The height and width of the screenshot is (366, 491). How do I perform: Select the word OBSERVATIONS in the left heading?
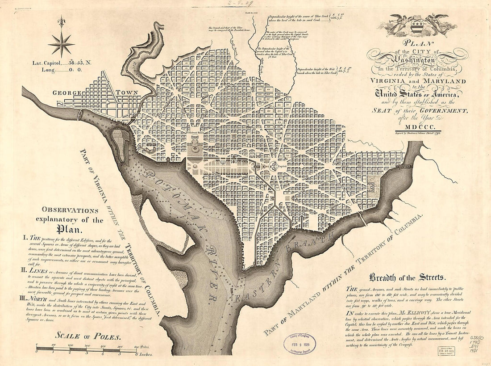70,210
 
